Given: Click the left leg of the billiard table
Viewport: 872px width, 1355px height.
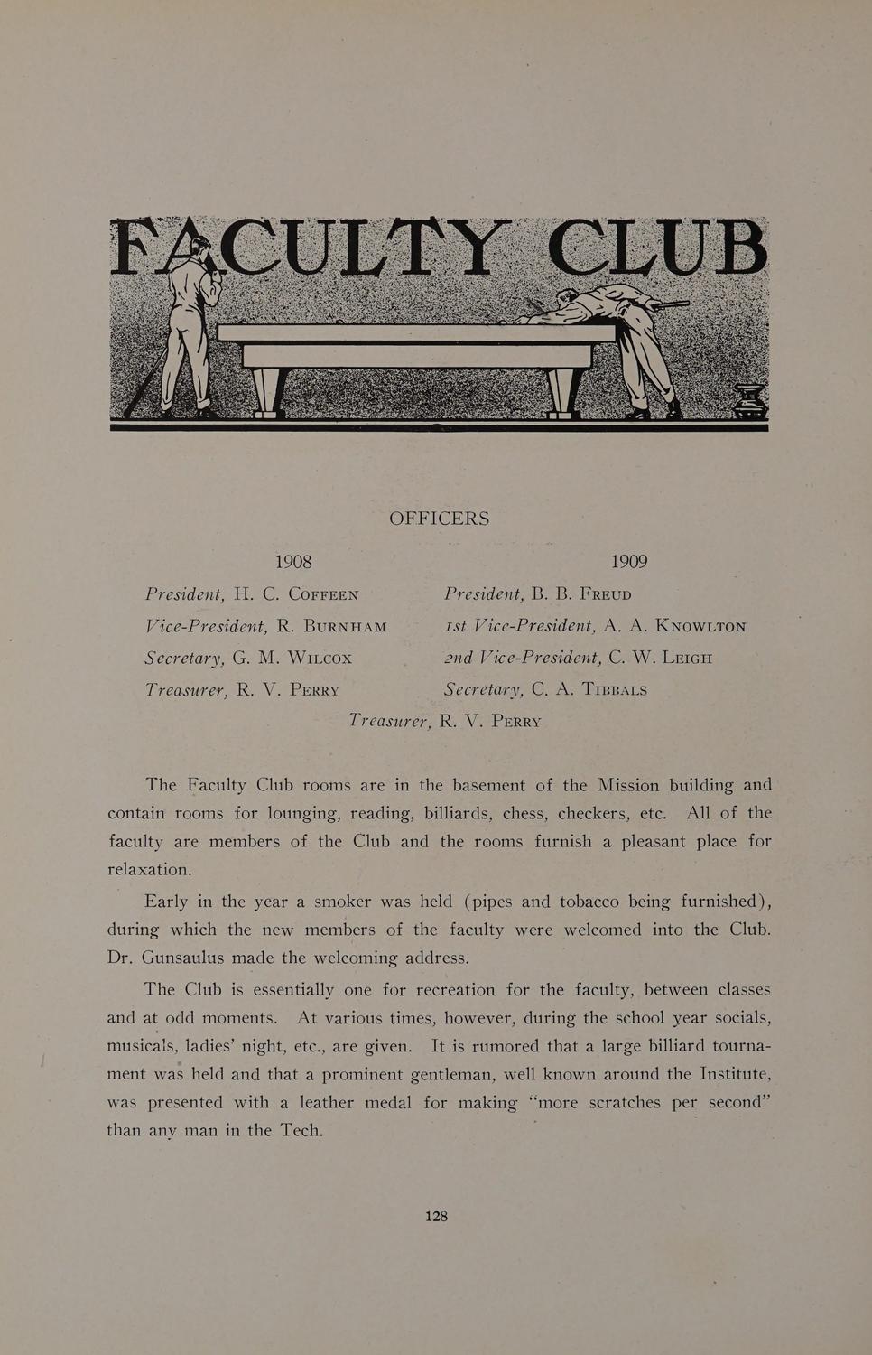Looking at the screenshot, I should (x=269, y=391).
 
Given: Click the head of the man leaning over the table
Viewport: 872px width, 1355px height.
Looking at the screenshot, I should (x=567, y=298).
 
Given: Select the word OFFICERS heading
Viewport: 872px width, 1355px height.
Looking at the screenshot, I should (x=439, y=519).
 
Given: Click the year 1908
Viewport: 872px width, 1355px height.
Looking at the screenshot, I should (x=293, y=562).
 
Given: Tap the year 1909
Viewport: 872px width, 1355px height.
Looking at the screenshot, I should (x=628, y=562).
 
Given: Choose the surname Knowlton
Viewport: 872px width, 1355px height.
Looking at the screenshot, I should (x=700, y=627).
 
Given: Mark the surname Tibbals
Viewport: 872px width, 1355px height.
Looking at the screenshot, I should (x=613, y=690).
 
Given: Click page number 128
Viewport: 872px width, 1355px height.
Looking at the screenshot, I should (x=436, y=1216).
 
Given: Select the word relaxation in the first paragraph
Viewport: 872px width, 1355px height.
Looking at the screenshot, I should (x=150, y=870).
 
